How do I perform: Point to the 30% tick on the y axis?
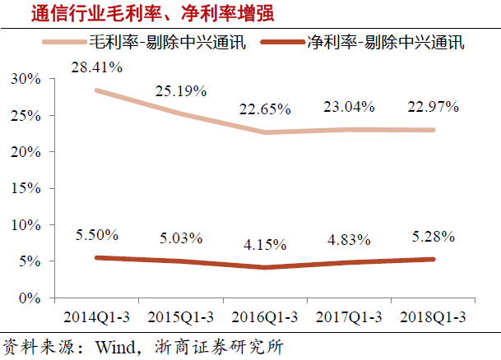click(27, 80)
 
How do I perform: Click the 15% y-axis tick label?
click(27, 188)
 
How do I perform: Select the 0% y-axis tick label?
click(30, 297)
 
